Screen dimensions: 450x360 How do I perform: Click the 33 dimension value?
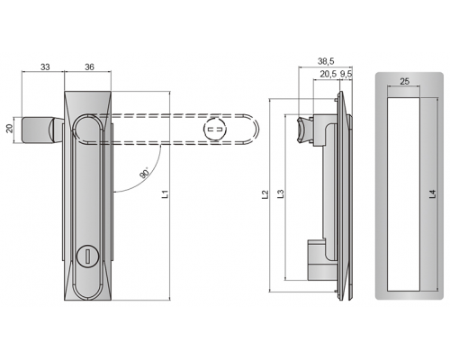pyautogui.click(x=45, y=67)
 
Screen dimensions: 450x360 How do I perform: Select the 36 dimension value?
pyautogui.click(x=89, y=67)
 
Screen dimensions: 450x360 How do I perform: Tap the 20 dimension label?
pyautogui.click(x=10, y=129)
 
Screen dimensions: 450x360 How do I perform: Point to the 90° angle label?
pyautogui.click(x=145, y=173)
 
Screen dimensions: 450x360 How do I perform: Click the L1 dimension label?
pyautogui.click(x=166, y=194)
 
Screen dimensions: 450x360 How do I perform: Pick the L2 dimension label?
pyautogui.click(x=265, y=194)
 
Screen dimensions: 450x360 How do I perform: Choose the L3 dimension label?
pyautogui.click(x=280, y=194)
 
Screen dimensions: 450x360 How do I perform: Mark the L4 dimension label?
pyautogui.click(x=432, y=194)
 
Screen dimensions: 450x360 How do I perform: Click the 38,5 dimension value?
pyautogui.click(x=326, y=61)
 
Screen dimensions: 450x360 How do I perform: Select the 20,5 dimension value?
pyautogui.click(x=328, y=74)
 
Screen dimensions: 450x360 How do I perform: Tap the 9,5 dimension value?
pyautogui.click(x=346, y=74)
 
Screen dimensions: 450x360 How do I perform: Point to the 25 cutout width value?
pyautogui.click(x=404, y=81)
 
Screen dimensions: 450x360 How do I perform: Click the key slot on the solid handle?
pyautogui.click(x=87, y=256)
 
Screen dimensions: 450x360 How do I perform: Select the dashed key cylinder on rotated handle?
pyautogui.click(x=215, y=130)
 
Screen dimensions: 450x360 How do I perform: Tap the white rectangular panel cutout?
pyautogui.click(x=403, y=194)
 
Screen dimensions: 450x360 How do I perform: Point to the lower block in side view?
pyautogui.click(x=317, y=259)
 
